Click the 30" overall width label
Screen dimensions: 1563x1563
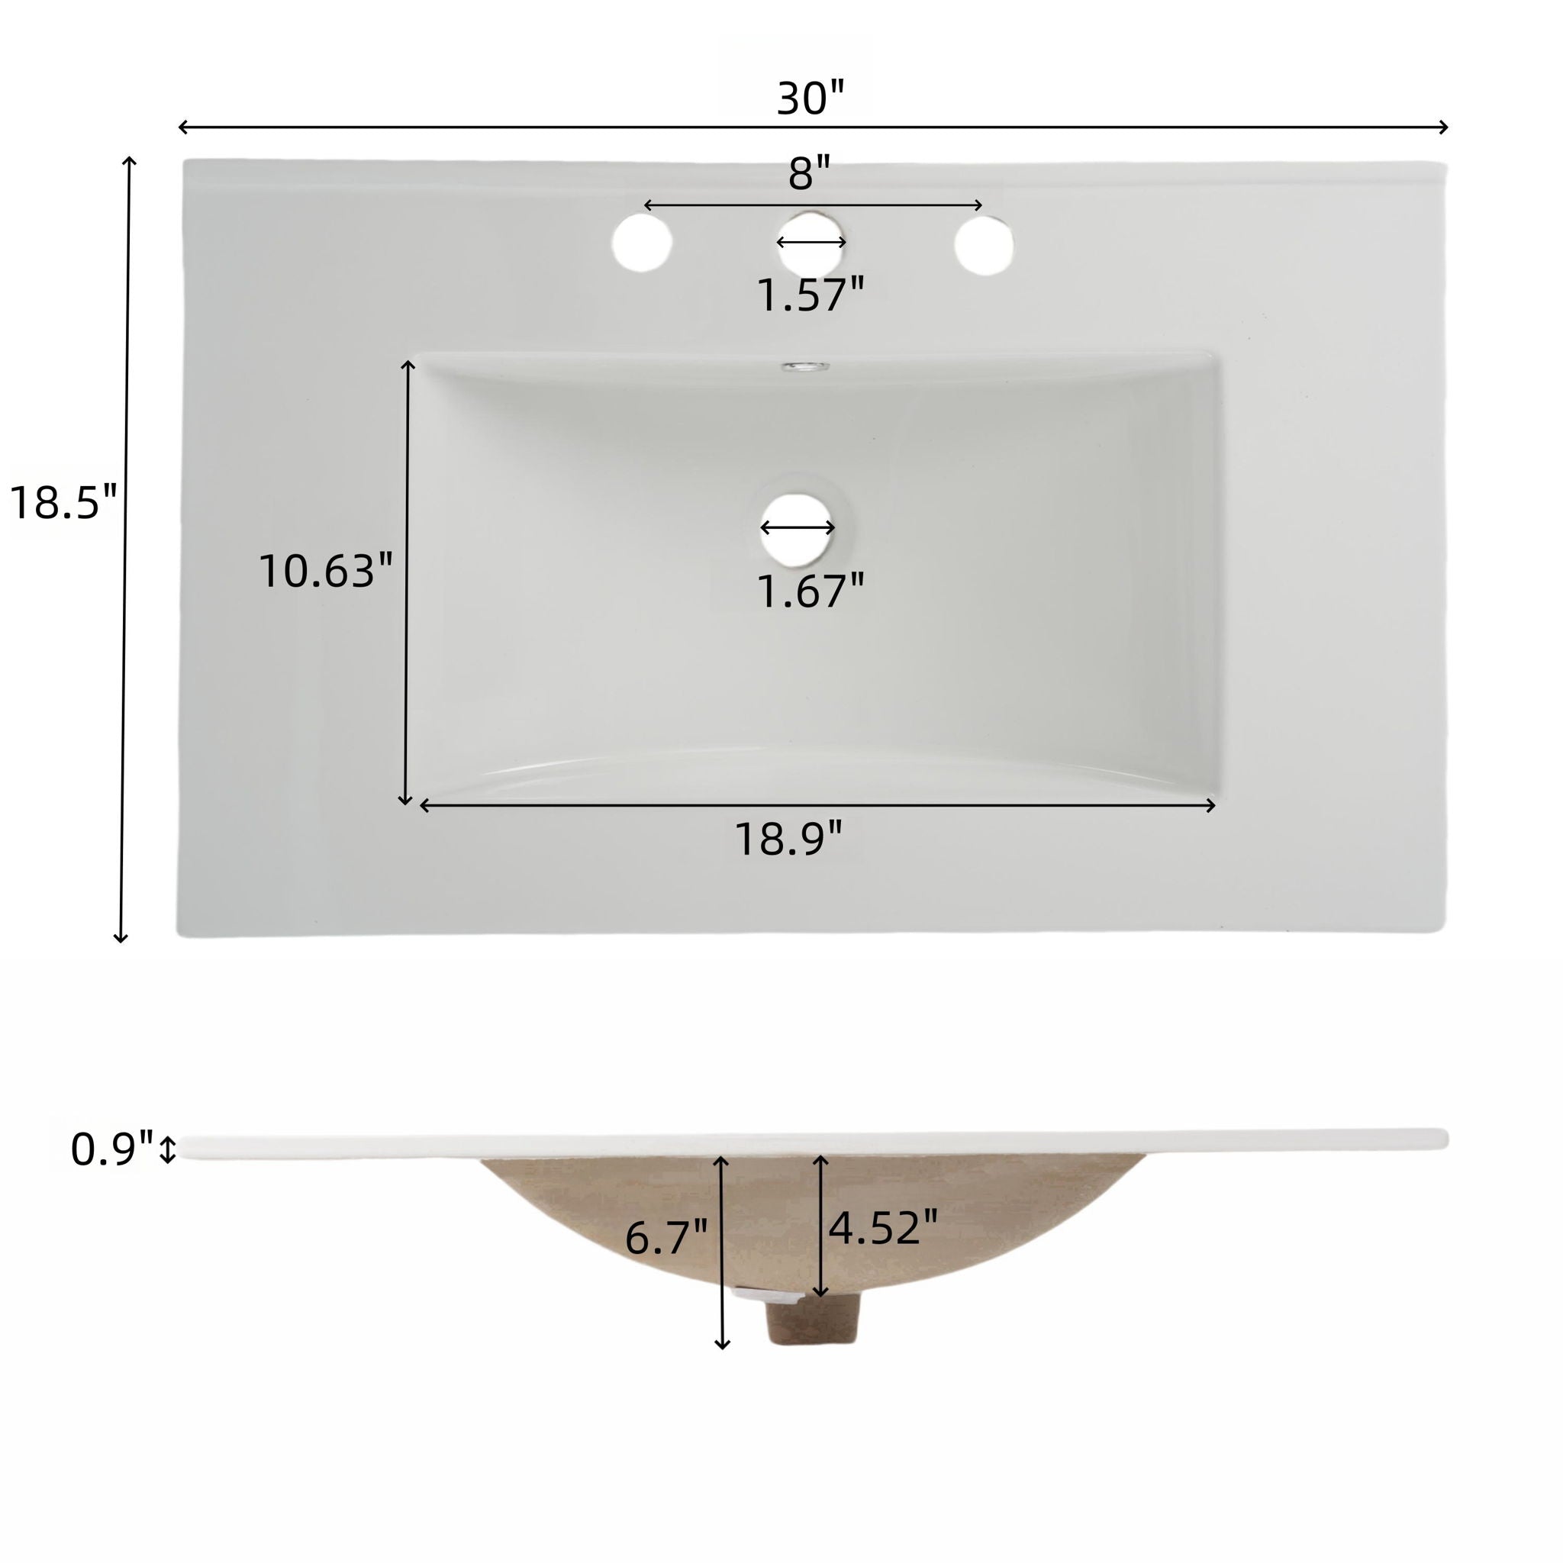(810, 98)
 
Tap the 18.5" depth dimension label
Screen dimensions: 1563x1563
(63, 501)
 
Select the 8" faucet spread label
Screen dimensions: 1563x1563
(810, 174)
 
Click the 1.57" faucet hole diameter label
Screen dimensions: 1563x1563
(810, 295)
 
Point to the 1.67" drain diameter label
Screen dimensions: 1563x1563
(810, 591)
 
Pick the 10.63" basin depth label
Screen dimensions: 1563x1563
(325, 570)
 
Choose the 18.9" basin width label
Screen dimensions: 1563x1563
(788, 839)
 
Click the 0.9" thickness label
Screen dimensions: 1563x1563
(111, 1149)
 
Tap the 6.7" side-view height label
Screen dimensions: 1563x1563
(665, 1238)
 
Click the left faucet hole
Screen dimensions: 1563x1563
(642, 243)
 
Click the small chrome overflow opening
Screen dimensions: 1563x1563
(805, 366)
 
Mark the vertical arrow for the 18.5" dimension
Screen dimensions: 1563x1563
(124, 550)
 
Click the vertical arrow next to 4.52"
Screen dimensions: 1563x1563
(820, 1226)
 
